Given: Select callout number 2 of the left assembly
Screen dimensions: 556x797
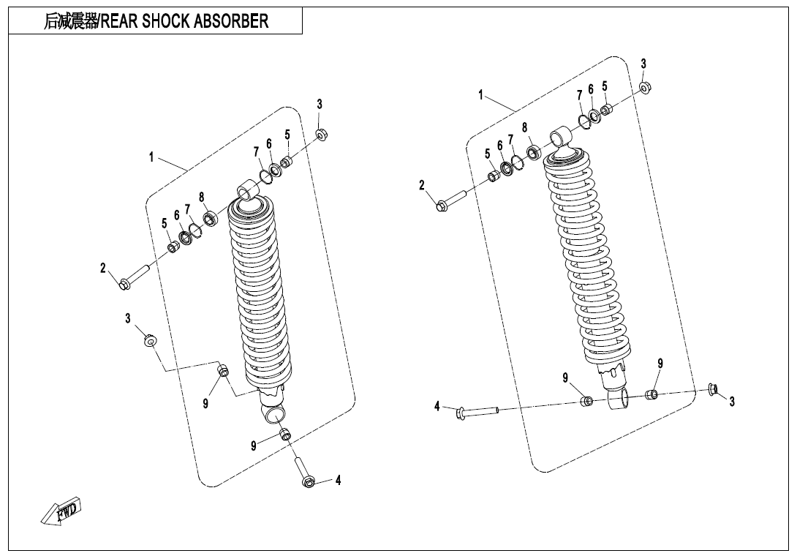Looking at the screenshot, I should [x=104, y=268].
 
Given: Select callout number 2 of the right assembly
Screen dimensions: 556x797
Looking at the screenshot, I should [x=422, y=185].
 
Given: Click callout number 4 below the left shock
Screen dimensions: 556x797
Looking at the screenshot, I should [x=338, y=481].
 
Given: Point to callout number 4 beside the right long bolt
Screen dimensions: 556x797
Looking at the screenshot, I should [x=437, y=406].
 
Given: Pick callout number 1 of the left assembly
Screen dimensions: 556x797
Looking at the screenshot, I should [x=151, y=157].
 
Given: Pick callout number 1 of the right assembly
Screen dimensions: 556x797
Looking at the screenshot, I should [x=481, y=94].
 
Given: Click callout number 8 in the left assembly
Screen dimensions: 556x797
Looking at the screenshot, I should [x=201, y=197].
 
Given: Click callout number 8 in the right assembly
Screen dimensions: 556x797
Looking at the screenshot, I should [x=525, y=128].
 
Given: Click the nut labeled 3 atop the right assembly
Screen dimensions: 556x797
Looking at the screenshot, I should [x=646, y=88].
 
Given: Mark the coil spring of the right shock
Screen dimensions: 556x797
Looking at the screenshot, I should [x=585, y=256].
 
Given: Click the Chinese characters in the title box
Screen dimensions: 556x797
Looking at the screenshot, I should [x=69, y=21].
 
